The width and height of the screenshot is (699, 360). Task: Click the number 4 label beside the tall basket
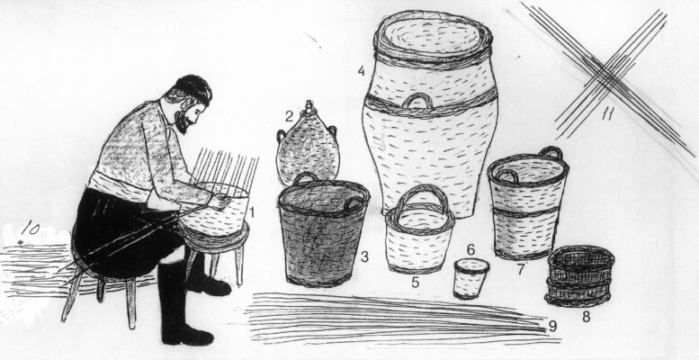tap(361, 71)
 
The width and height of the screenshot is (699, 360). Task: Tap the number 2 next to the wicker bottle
tap(290, 117)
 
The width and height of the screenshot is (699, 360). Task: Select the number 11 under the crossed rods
tap(607, 114)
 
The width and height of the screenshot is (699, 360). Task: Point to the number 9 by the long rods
tap(552, 326)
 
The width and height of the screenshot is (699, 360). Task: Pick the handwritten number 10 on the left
tap(31, 229)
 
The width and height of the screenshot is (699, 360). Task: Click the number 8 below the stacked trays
tap(586, 317)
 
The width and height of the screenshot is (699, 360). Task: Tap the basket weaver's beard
tap(182, 121)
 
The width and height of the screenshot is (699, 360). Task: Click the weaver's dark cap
tap(194, 87)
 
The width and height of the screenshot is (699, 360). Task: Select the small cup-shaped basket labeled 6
tap(470, 279)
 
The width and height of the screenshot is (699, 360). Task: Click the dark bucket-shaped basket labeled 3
tap(323, 230)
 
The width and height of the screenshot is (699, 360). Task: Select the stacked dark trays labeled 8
tap(579, 275)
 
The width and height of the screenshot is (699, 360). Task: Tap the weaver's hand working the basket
tap(220, 202)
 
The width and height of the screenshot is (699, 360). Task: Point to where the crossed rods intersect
tap(607, 76)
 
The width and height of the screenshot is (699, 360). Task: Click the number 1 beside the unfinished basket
tap(252, 212)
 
